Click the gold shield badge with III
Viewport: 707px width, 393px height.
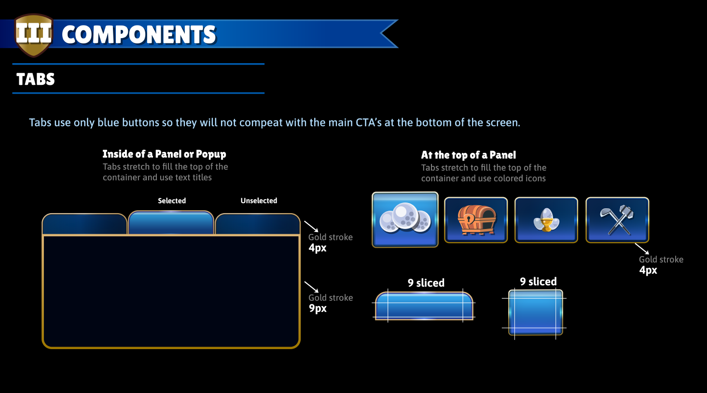pyautogui.click(x=34, y=35)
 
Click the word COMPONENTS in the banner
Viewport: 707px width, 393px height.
pyautogui.click(x=139, y=35)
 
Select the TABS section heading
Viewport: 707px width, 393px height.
pyautogui.click(x=36, y=79)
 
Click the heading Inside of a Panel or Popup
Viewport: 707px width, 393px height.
pyautogui.click(x=164, y=154)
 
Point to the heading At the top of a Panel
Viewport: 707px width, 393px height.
pyautogui.click(x=469, y=155)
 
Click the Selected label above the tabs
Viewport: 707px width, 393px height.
pyautogui.click(x=172, y=201)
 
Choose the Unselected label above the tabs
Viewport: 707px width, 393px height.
pyautogui.click(x=259, y=201)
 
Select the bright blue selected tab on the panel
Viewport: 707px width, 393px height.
pyautogui.click(x=171, y=223)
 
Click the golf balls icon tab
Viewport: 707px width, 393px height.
pyautogui.click(x=405, y=219)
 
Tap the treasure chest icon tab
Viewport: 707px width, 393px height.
pyautogui.click(x=476, y=220)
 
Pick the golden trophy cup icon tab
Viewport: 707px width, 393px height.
pyautogui.click(x=546, y=220)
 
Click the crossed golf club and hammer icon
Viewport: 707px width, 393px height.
pyautogui.click(x=617, y=220)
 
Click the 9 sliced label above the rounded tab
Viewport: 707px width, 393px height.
pyautogui.click(x=426, y=283)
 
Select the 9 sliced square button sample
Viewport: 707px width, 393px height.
pyautogui.click(x=536, y=312)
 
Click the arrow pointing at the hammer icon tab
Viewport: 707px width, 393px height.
pyautogui.click(x=642, y=248)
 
